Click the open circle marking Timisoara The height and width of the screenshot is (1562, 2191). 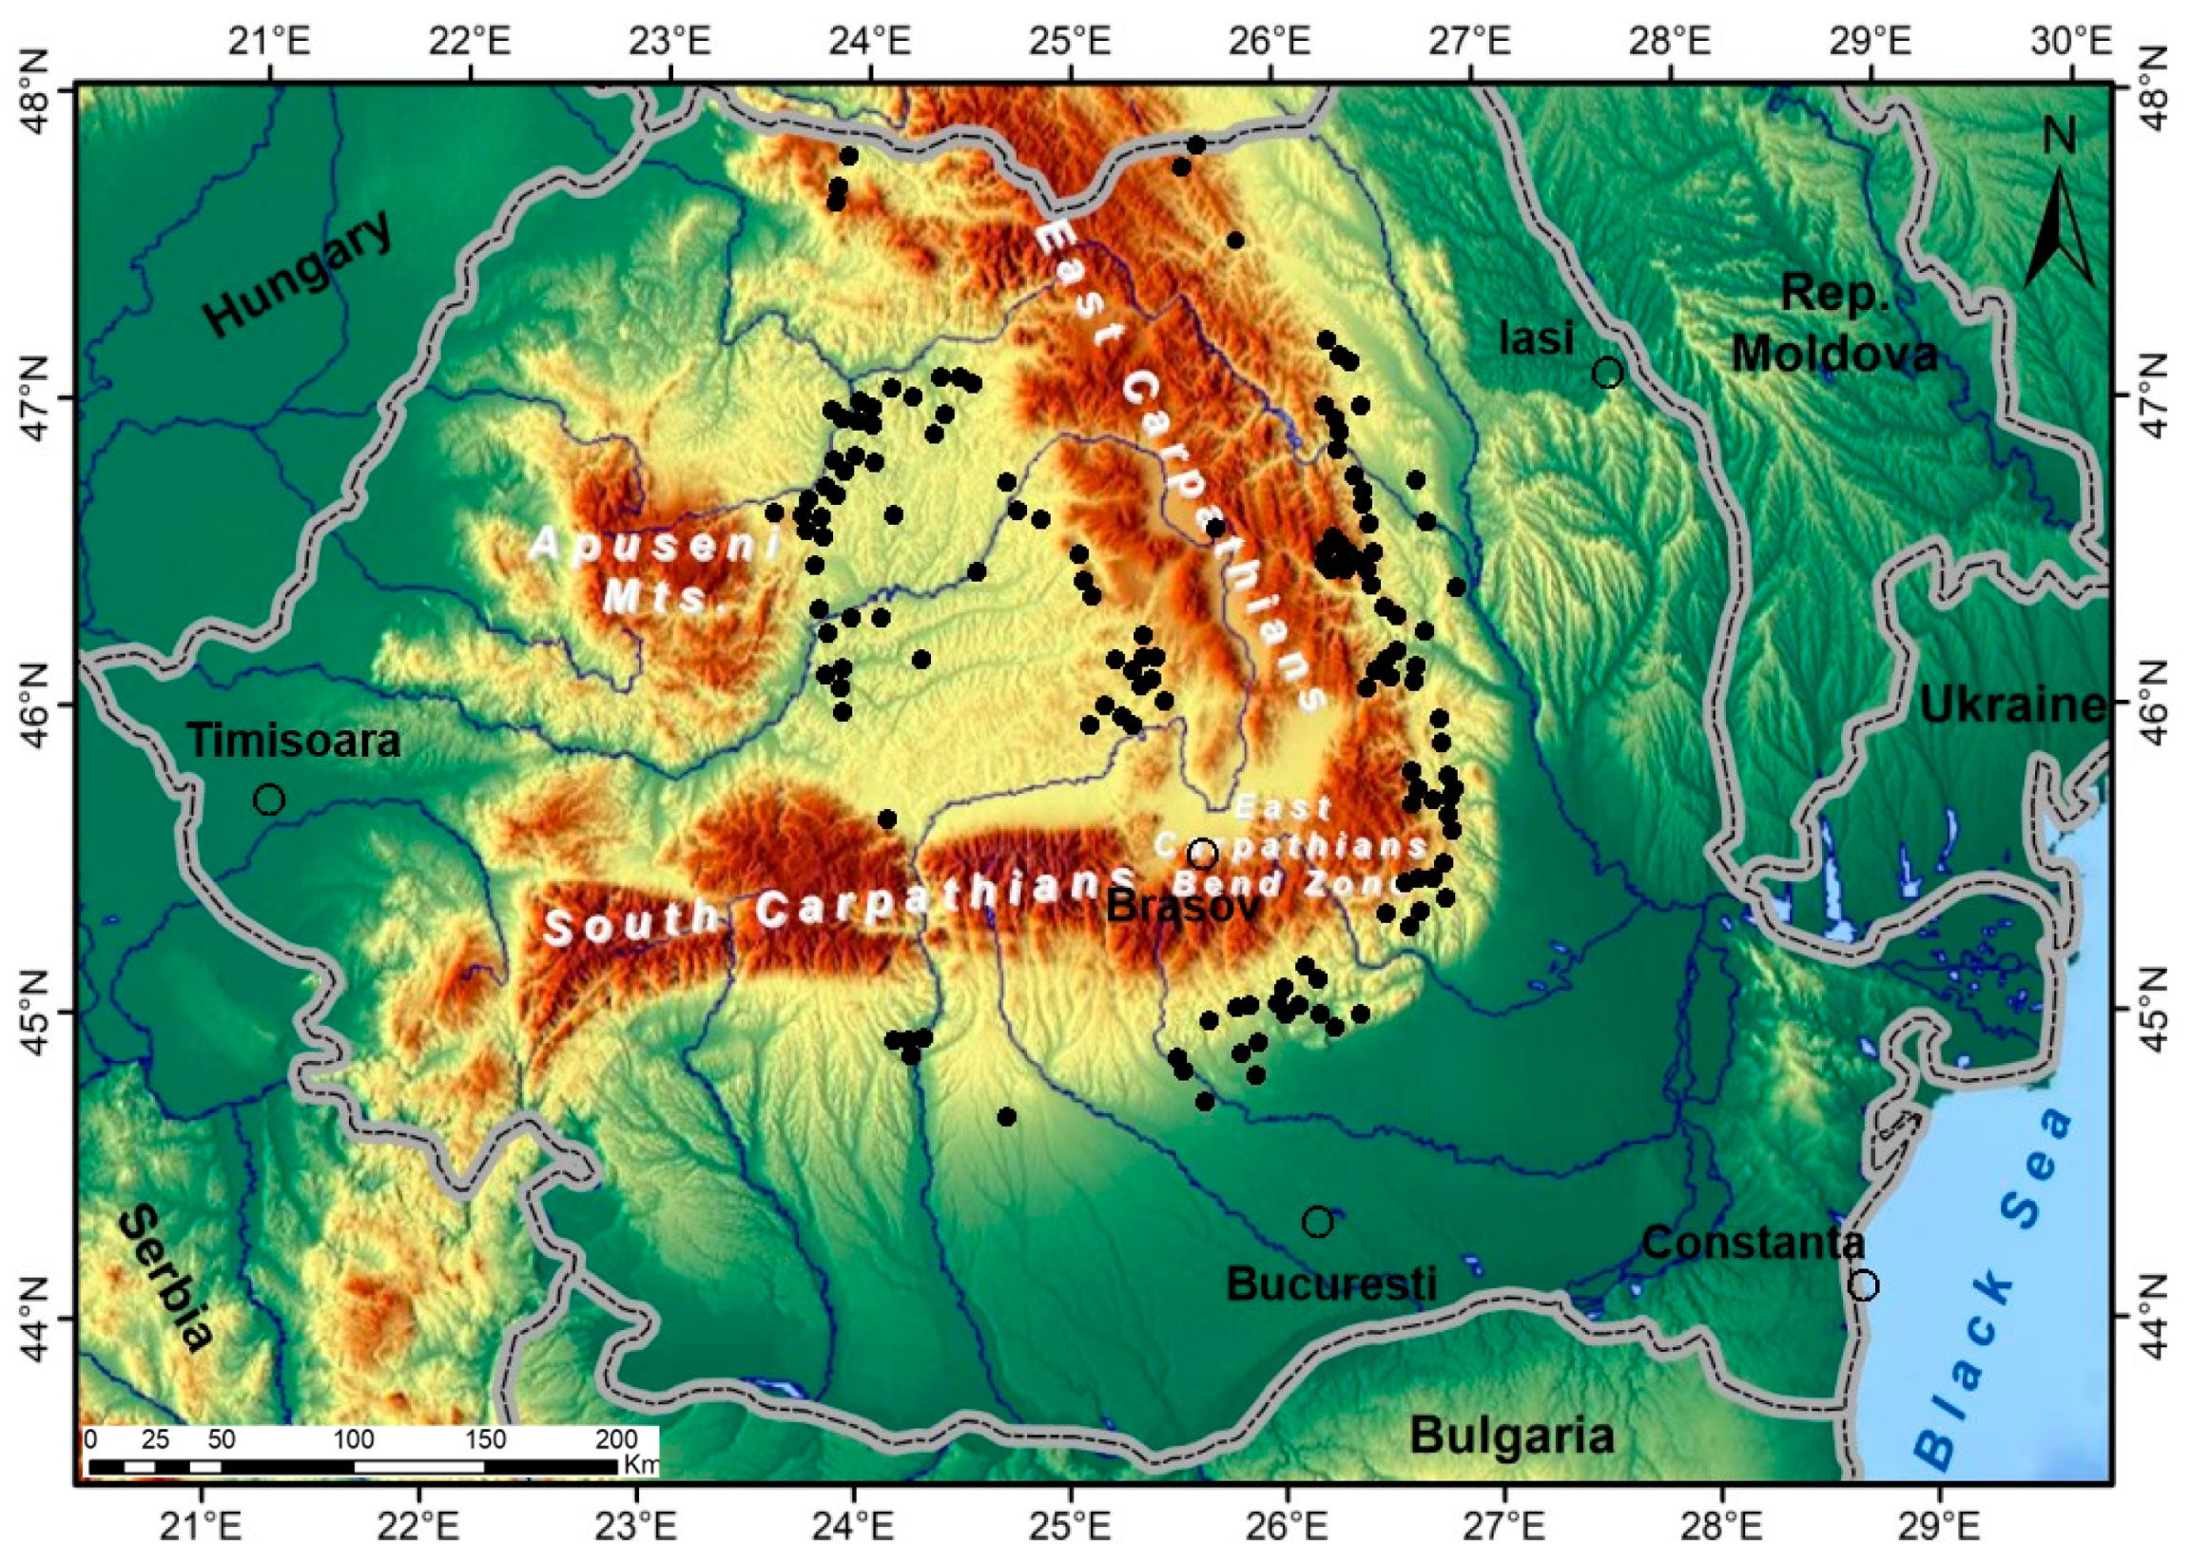269,800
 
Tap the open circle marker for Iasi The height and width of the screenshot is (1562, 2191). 1607,373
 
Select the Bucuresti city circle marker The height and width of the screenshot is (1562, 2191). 1318,1223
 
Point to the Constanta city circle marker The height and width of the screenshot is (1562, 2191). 1863,1285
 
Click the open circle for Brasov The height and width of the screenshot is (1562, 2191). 1203,853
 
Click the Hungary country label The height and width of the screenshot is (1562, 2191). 300,273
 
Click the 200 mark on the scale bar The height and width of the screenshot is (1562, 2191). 616,1440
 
